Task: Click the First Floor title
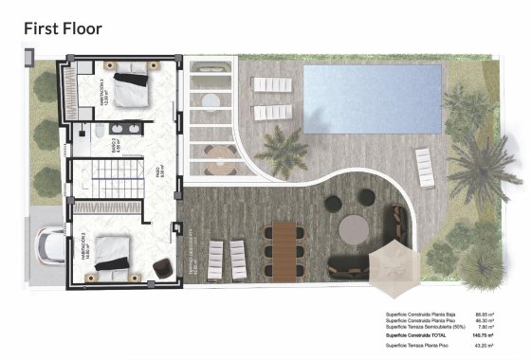(x=62, y=27)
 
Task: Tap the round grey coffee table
(x=353, y=227)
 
